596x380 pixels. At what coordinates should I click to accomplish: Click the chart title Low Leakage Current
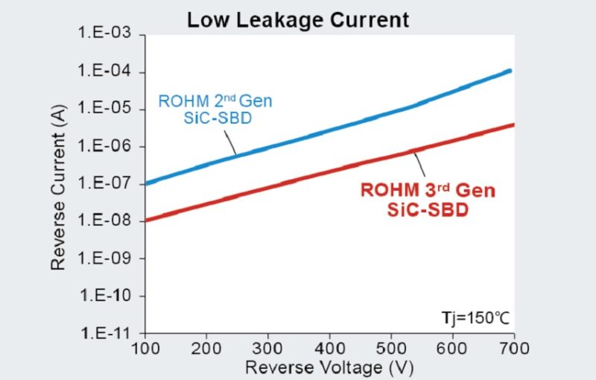click(x=298, y=19)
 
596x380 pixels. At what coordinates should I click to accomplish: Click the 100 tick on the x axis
click(x=147, y=348)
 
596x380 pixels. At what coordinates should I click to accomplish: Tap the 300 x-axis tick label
click(x=270, y=348)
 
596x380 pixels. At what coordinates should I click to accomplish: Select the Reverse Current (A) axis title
click(x=58, y=185)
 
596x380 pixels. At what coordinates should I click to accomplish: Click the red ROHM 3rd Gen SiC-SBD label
click(x=428, y=200)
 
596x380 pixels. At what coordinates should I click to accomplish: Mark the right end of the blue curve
click(x=510, y=71)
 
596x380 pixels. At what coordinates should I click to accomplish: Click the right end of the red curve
click(x=513, y=124)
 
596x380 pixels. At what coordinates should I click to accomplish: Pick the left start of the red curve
click(x=148, y=220)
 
